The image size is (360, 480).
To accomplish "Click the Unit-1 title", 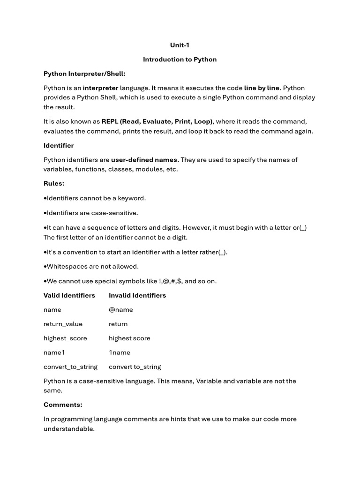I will tap(180, 45).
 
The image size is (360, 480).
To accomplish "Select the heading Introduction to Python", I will tap(180, 60).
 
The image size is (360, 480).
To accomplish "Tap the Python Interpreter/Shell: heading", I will tap(84, 74).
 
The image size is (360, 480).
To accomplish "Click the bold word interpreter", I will tap(100, 88).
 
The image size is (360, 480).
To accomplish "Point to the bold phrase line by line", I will tap(262, 88).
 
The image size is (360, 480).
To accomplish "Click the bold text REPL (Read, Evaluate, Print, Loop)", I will tap(157, 121).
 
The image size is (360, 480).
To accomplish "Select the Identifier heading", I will tap(59, 145).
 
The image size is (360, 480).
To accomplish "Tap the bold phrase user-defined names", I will tap(144, 160).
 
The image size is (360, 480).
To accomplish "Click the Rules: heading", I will tap(54, 183).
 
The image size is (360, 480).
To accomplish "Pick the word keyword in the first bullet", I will tap(131, 198).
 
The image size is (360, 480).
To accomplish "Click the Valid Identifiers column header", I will tap(69, 295).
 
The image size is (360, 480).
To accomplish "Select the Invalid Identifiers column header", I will tap(137, 295).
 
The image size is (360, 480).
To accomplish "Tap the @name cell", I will tap(121, 310).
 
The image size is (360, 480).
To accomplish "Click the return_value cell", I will tap(63, 324).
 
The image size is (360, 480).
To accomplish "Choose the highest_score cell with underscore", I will tap(65, 338).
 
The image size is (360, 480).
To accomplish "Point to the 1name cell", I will tap(120, 352).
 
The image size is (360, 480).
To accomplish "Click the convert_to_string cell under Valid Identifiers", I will tap(70, 367).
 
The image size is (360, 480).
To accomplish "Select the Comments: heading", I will tap(63, 405).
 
